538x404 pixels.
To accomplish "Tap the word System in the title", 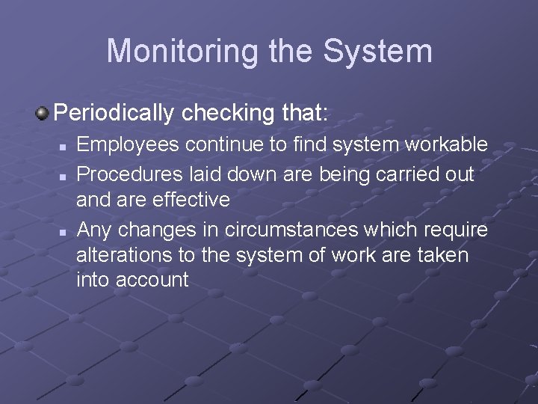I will [377, 51].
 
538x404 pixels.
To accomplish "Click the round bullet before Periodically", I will [43, 113].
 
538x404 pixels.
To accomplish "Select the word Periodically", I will [112, 113].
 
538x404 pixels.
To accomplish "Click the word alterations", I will [124, 255].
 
